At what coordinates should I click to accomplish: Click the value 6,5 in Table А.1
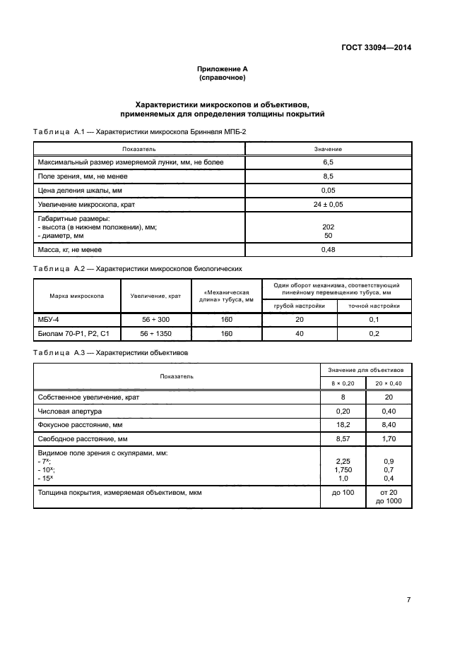328,162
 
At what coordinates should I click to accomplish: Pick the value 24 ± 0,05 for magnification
328,204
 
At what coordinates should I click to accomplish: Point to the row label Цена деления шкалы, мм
80,190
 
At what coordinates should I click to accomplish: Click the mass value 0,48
328,250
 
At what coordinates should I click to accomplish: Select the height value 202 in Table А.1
328,227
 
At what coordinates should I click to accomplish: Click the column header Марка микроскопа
77,296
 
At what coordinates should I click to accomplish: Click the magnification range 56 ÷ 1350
155,333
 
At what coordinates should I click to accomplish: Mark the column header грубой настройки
300,306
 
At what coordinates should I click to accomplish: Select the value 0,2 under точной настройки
374,333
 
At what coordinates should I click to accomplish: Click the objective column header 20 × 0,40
389,383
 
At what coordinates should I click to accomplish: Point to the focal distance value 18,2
342,425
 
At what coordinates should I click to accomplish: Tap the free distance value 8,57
342,439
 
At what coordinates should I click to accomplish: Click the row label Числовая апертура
70,411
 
